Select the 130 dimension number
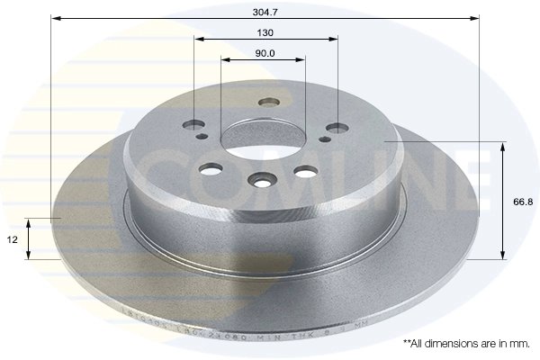coord(265,31)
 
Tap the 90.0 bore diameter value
coord(265,53)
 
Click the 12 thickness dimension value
coord(12,240)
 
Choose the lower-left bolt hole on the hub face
coord(212,168)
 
